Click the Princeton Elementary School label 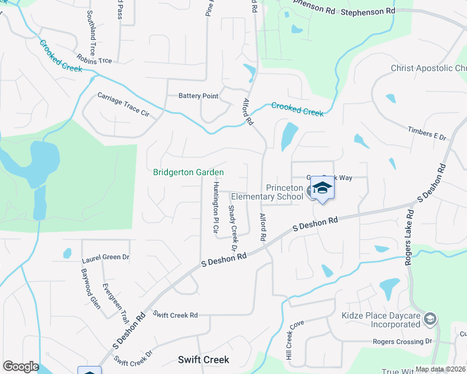click(x=284, y=193)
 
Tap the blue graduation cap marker click(x=322, y=188)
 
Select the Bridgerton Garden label click(x=189, y=173)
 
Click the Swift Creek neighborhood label click(x=204, y=360)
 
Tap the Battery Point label click(x=199, y=96)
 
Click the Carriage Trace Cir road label click(x=124, y=105)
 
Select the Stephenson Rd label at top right click(x=368, y=11)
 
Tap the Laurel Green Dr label click(x=106, y=257)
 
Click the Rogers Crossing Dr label click(x=402, y=342)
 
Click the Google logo click(x=20, y=367)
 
